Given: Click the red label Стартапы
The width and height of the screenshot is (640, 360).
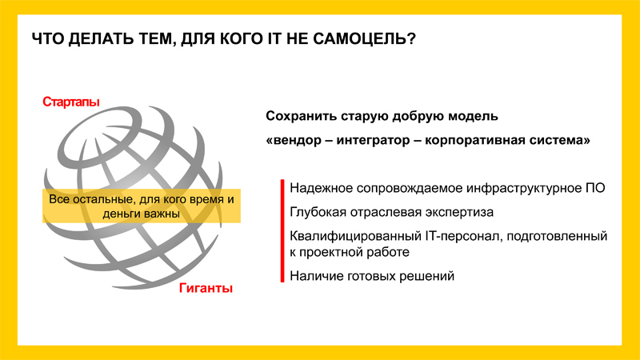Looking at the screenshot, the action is point(71,102).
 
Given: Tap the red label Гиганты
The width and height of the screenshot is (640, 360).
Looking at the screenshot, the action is point(206,288).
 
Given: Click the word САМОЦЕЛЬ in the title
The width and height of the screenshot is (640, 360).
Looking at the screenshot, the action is point(364,39).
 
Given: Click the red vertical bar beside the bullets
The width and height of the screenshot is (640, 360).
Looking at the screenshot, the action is point(282,230).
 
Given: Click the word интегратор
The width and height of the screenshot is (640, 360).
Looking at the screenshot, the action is point(373,141).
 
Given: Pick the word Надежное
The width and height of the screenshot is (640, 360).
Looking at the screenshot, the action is point(321,188).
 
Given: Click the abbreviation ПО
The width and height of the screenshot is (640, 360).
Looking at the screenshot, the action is point(596,188).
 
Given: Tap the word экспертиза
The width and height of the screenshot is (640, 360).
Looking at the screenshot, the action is point(459,213).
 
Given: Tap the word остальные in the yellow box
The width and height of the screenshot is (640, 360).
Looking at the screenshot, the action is point(102,199).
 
